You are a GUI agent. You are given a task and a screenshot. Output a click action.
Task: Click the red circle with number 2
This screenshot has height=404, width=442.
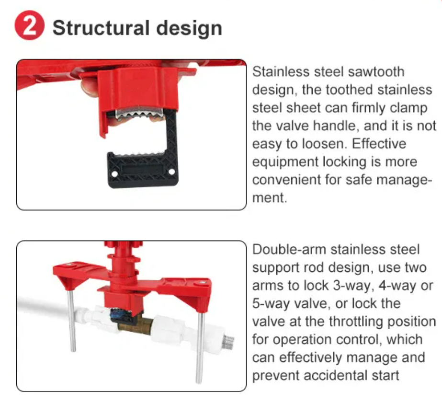coord(29,25)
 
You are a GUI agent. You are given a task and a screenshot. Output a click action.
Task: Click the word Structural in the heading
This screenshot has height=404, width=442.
coord(101,28)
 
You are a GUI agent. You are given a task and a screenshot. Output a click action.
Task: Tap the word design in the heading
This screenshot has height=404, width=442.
coord(189,28)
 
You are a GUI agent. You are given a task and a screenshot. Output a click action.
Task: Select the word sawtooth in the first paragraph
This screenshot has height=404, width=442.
coord(376,72)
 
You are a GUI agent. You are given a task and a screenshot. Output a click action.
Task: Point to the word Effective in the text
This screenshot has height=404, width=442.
coord(379,144)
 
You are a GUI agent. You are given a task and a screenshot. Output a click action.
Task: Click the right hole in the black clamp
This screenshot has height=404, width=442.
coord(171,172)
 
